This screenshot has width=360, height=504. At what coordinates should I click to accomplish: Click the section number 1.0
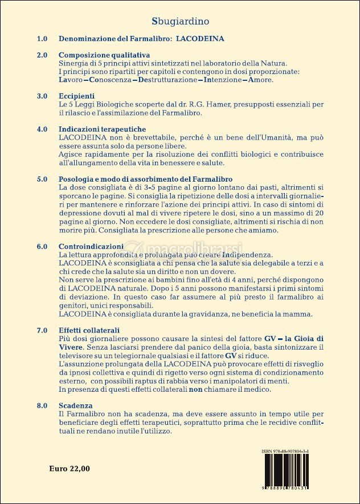[42, 39]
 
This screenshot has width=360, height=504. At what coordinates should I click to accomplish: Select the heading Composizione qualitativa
[101, 55]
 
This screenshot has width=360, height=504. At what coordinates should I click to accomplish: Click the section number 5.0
[42, 179]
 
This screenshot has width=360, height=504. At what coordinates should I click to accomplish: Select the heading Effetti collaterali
[89, 330]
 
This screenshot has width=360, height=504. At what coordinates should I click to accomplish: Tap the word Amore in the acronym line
[260, 80]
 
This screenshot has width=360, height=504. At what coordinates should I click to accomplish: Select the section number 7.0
[42, 330]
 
